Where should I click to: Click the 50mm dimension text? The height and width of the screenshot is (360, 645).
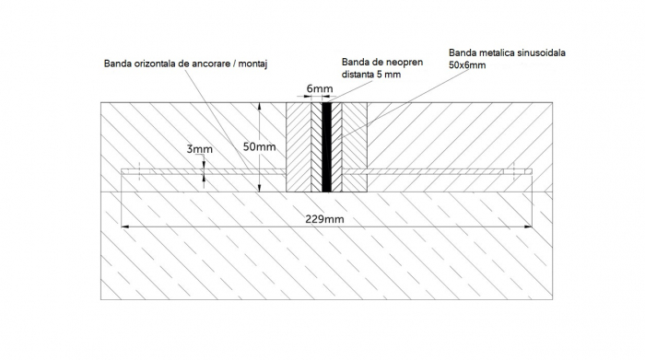coord(260,146)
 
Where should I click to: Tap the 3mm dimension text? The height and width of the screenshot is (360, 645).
coord(199,149)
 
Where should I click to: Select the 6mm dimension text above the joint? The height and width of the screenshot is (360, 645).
coord(319,90)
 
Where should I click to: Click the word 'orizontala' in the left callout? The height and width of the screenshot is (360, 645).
coord(161,64)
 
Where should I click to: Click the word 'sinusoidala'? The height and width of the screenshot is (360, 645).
coord(538,54)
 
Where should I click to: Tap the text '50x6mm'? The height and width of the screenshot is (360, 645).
coord(468,67)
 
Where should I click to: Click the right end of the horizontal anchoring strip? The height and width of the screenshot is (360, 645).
coord(531,170)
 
